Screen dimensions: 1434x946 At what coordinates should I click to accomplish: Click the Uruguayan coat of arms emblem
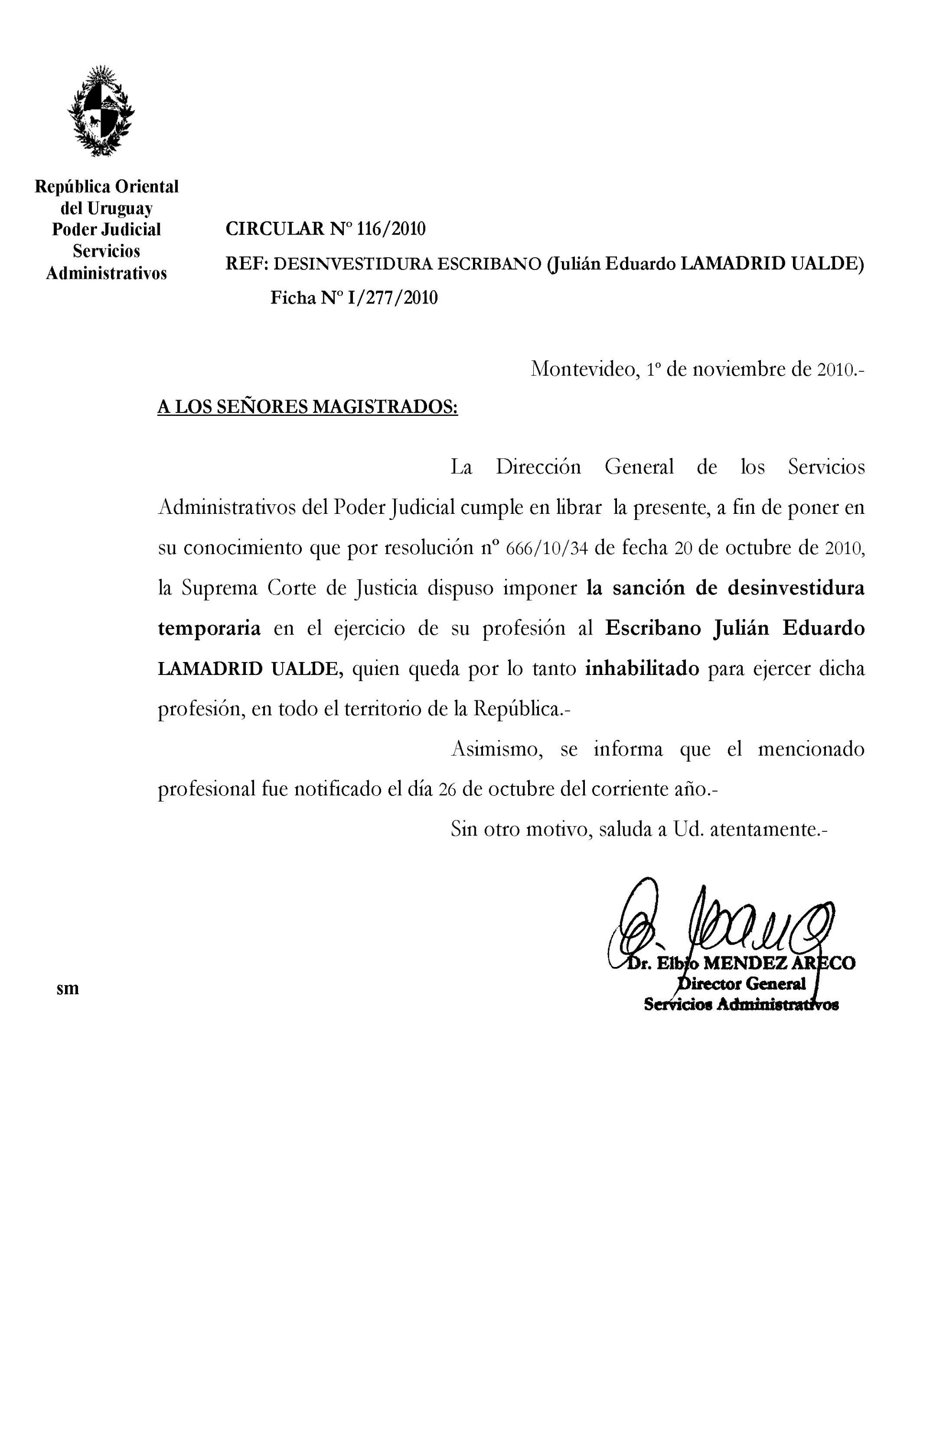[x=101, y=111]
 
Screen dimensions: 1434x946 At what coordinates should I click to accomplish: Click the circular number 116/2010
[x=392, y=229]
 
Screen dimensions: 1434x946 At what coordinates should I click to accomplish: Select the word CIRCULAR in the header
[x=275, y=229]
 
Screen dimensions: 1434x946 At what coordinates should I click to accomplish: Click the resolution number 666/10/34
[x=547, y=548]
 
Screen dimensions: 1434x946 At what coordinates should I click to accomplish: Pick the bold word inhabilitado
[x=642, y=669]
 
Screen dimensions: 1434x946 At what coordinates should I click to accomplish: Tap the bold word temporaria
[x=209, y=629]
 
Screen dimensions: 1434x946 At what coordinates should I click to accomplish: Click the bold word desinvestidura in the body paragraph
[x=796, y=588]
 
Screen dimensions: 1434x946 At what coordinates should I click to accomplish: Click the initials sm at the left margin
[x=67, y=989]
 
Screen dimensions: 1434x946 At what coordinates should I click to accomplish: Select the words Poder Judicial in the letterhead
[x=107, y=229]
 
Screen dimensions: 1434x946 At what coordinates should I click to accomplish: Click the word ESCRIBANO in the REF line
[x=489, y=263]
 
